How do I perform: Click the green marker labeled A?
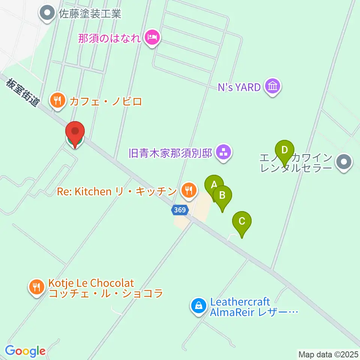point(214,184)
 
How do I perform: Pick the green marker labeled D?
point(285,150)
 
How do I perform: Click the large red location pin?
point(75,132)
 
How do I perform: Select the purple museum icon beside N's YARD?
point(272,87)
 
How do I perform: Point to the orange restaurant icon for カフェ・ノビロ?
point(57,101)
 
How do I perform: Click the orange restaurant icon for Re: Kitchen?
point(188,191)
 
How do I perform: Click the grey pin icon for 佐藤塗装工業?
point(48,14)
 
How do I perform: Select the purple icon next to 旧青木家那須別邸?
point(224,153)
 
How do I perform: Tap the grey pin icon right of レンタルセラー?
point(344,162)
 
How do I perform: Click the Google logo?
point(25,351)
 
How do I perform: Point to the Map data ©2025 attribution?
point(328,354)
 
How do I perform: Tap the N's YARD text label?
point(239,87)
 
